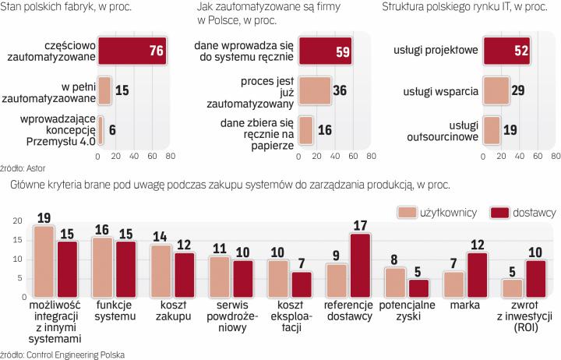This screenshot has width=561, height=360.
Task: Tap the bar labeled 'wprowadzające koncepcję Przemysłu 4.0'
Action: click(x=101, y=129)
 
